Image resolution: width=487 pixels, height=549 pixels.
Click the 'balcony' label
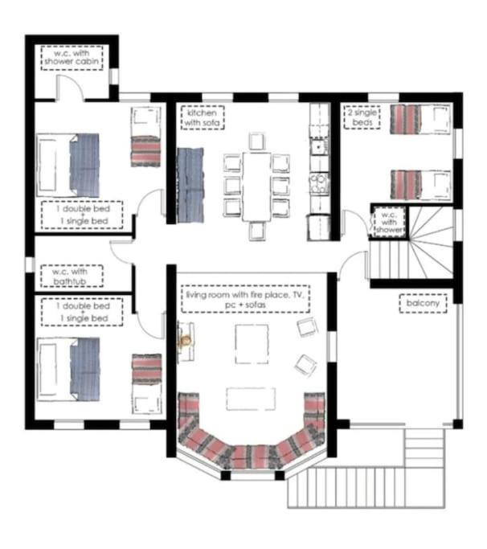coord(423,303)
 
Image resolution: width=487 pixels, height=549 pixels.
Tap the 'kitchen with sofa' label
coord(203,117)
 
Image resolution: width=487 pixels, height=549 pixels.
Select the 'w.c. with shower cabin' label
coord(72,58)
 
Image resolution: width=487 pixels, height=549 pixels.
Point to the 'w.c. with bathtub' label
coord(72,276)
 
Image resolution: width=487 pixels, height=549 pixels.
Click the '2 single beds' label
coord(362,117)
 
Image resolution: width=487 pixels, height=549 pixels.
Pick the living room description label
coord(245,299)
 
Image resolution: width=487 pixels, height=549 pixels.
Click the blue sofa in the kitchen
coord(190,185)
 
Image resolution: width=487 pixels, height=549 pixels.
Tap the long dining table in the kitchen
coord(257,186)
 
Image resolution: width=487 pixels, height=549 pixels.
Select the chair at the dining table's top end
coord(257,141)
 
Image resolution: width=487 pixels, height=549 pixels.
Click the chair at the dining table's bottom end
coord(257,231)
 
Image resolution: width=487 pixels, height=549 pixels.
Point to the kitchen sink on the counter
coord(318,147)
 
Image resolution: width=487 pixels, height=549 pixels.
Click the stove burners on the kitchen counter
coord(318,183)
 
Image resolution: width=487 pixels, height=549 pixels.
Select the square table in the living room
coord(252,344)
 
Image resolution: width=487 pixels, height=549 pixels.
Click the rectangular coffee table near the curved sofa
coord(251,399)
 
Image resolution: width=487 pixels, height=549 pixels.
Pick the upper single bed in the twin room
coord(420,119)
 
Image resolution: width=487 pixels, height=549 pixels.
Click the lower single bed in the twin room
coord(420,185)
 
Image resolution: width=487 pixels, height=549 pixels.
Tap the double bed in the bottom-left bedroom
coord(68,369)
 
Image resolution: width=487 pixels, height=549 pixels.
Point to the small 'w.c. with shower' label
coord(389,223)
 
